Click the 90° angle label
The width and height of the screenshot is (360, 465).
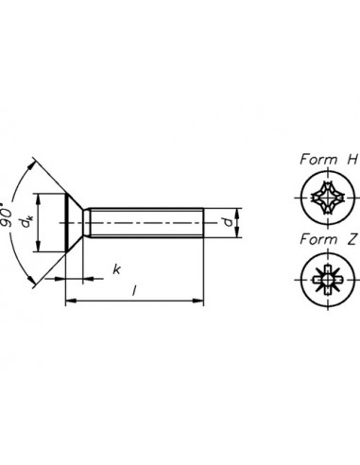(x=11, y=224)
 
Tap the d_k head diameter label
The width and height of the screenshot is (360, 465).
(x=29, y=223)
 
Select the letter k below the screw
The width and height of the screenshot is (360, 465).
(x=116, y=268)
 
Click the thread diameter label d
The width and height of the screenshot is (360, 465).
(x=228, y=223)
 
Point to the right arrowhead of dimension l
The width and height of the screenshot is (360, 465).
(x=200, y=302)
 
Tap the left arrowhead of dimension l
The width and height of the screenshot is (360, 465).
(x=68, y=302)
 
